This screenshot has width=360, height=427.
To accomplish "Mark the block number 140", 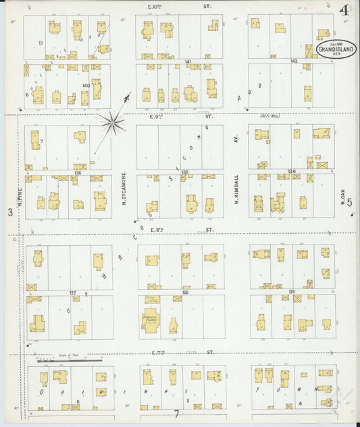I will (86, 85).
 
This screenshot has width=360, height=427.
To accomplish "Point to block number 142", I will (293, 61).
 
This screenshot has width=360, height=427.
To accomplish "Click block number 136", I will (78, 172).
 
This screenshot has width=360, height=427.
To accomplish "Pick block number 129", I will (292, 291).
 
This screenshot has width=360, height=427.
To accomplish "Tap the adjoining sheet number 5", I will (350, 212).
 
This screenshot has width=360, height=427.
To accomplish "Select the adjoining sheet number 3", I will (9, 213).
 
